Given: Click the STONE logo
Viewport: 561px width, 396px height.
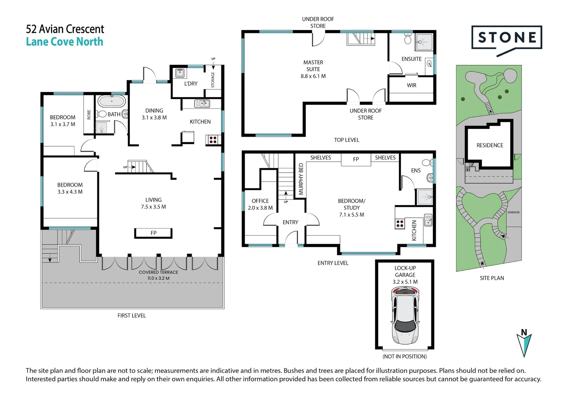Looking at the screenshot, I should coord(506,38).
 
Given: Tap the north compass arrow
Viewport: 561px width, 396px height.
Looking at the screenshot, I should coord(524,343).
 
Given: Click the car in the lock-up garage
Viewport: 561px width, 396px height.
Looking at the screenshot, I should coord(405,315).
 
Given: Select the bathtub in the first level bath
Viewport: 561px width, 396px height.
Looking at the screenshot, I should coord(112,101).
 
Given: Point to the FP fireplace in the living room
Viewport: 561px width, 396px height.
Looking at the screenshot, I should coord(153,233).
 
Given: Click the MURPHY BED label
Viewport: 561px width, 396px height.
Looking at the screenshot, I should coord(301,179).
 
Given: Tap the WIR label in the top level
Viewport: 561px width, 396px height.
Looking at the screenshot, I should coord(411,85).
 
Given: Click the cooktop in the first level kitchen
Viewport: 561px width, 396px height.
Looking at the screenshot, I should coord(213,139).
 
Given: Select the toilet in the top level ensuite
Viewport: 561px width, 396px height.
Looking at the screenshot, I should coord(408,39).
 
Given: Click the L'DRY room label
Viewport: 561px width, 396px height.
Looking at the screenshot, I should coord(191,84).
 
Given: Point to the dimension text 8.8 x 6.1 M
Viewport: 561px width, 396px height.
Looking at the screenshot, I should coord(313,76).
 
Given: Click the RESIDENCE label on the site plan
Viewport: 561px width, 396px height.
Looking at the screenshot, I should coord(489,145).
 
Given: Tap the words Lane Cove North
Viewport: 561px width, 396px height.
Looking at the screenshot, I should coord(65,42).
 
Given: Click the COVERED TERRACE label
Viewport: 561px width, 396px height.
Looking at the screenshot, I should coord(158,272).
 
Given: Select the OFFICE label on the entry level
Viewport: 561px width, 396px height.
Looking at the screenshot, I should coord(260,201).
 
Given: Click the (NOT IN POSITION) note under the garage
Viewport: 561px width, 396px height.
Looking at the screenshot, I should coord(405,356).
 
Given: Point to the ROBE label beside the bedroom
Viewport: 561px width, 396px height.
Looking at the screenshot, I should coord(89,115).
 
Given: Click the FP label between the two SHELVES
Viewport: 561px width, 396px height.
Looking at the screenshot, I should coord(356,159).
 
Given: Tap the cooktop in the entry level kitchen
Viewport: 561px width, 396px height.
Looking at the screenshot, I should coord(400,223).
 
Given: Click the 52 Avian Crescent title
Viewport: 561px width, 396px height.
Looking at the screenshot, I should coord(65,29).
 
